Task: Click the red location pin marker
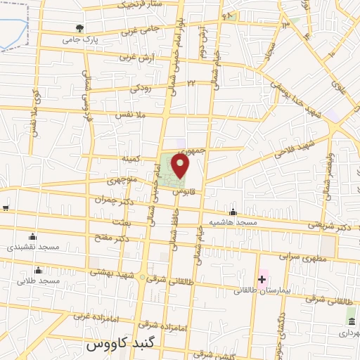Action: [181, 166]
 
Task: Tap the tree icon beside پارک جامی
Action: [79, 29]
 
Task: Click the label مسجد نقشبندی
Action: [33, 247]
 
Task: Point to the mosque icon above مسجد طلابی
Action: [38, 270]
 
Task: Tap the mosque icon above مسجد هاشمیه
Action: [233, 212]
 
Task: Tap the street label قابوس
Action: [183, 191]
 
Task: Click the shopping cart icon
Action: [6, 208]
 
